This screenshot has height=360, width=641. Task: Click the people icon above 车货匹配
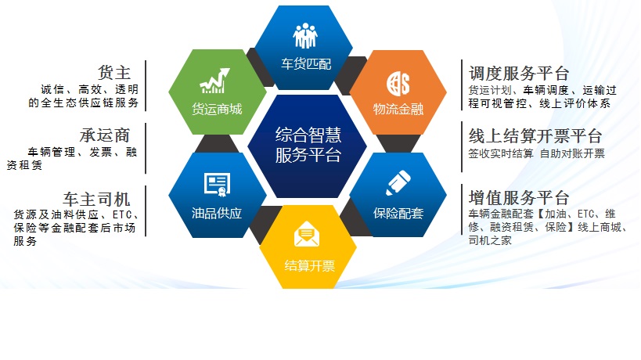pos(306,36)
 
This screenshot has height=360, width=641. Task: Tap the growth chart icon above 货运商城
pos(218,81)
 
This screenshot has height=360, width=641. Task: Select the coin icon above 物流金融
pos(398,81)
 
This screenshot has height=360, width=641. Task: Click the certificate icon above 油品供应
pos(217,185)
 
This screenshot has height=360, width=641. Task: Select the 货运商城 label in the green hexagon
pos(217,109)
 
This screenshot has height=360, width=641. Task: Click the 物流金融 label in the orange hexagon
pos(398,109)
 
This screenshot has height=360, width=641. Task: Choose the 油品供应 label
pos(217,213)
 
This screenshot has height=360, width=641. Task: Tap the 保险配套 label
pos(398,213)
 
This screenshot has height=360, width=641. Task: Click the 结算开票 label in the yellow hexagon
pos(309,265)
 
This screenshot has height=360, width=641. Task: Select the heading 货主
pos(114,73)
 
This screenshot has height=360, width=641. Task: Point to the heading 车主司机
pos(97,197)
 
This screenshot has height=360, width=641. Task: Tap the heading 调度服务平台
pos(519,74)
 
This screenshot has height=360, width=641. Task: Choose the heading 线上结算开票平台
pos(535,135)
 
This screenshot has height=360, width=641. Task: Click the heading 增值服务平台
pos(519,196)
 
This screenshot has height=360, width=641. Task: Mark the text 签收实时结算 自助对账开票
pos(536,153)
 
